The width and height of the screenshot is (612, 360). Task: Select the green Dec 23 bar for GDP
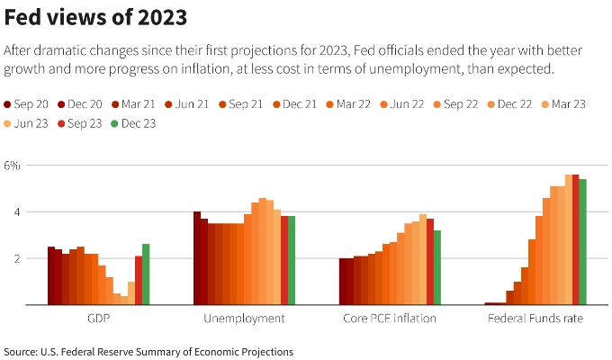(146, 274)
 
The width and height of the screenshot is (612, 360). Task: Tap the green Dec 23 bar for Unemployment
(292, 261)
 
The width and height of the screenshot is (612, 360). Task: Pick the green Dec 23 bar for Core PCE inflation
(437, 267)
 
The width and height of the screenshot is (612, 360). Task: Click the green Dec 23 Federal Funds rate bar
(582, 242)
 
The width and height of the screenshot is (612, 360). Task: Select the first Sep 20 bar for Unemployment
(197, 258)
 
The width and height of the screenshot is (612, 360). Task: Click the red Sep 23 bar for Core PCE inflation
(430, 262)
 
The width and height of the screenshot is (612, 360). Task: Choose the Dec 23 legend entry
(133, 123)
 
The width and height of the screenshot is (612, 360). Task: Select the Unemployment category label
(244, 319)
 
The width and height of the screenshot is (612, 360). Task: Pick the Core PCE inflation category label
(390, 319)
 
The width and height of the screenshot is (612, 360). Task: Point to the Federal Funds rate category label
(535, 319)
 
